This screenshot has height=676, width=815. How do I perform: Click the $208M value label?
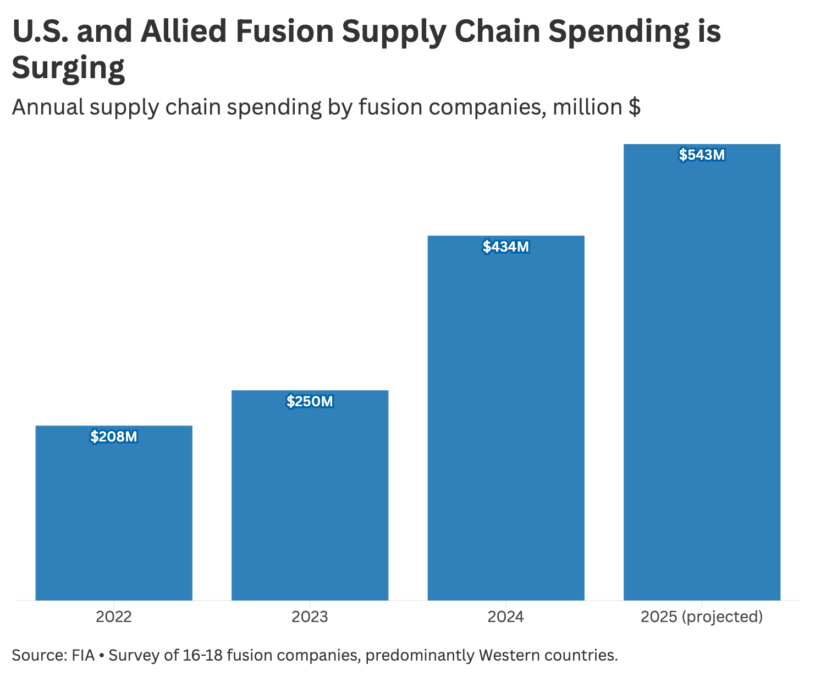click(x=114, y=437)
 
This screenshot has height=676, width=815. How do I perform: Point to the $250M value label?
click(x=310, y=402)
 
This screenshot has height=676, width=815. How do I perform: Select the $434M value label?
click(x=506, y=247)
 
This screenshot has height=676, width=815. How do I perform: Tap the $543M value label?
click(x=702, y=155)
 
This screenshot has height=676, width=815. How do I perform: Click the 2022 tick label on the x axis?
click(x=114, y=617)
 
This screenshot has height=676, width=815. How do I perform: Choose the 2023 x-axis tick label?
click(x=310, y=617)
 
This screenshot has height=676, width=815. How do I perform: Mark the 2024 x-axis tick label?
click(x=506, y=617)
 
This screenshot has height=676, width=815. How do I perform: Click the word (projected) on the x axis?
click(x=723, y=617)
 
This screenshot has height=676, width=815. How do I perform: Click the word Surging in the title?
click(x=68, y=68)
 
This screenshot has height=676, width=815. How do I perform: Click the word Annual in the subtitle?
click(x=48, y=107)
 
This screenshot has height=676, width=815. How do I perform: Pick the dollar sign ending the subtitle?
click(x=634, y=107)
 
